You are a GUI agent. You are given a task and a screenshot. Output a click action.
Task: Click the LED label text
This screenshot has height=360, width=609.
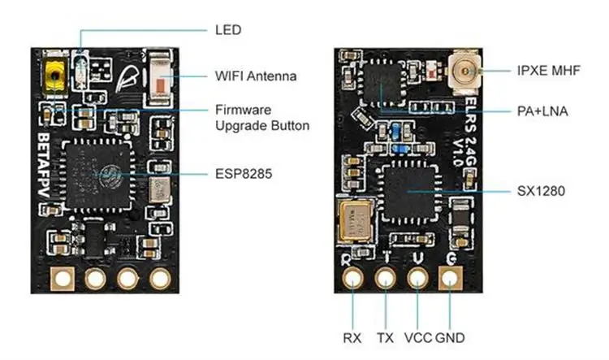(x=228, y=29)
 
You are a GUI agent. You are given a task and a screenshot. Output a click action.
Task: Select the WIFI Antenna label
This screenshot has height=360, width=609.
(x=256, y=76)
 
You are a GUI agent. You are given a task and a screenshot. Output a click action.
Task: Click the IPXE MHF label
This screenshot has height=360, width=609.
(x=548, y=70)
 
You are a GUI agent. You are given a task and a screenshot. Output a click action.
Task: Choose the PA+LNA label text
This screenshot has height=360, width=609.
(x=543, y=111)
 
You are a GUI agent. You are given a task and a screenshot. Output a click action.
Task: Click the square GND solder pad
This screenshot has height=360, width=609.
(x=450, y=279)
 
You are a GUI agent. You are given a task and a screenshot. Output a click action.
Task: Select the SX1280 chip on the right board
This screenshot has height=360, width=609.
(x=410, y=191)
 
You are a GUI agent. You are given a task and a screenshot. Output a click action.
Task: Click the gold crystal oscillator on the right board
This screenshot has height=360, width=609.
(x=355, y=219)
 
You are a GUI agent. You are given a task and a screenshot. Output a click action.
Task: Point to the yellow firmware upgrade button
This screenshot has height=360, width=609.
(x=56, y=78)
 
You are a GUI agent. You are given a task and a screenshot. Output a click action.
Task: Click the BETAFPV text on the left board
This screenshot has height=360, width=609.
(x=46, y=163)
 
